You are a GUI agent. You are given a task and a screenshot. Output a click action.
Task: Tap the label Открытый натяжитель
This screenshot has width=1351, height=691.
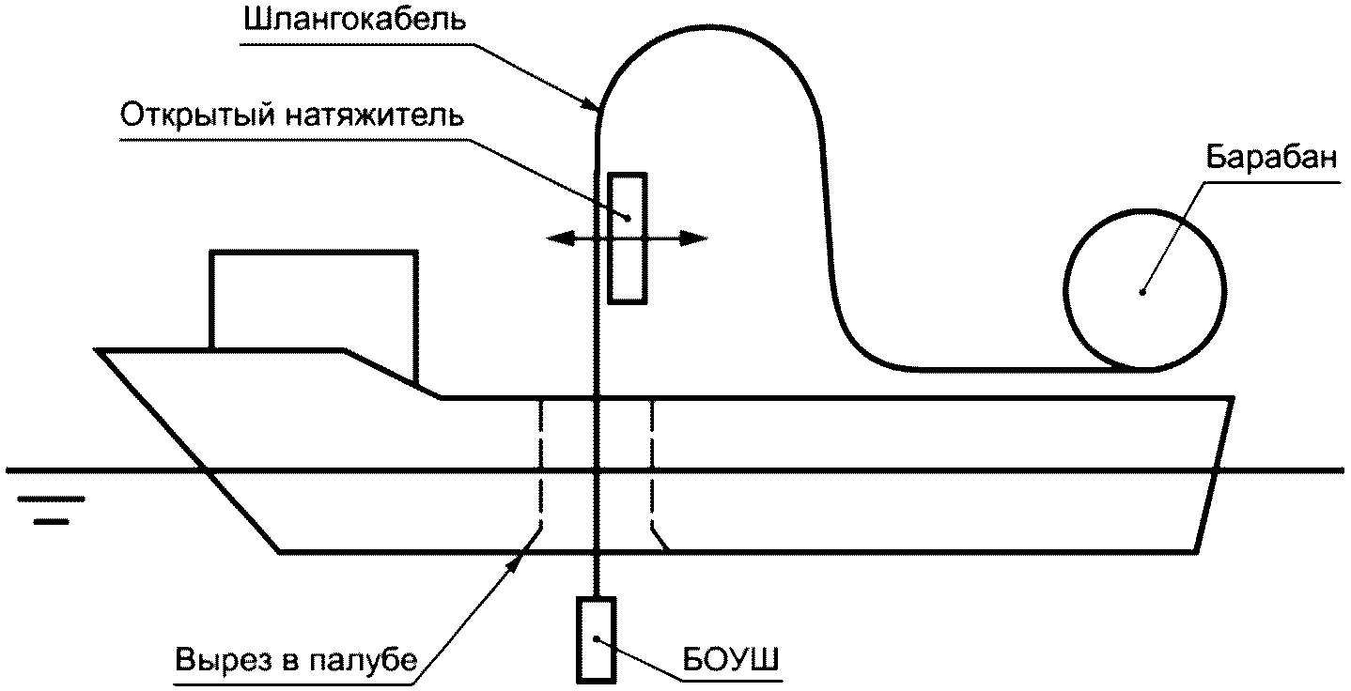(292, 117)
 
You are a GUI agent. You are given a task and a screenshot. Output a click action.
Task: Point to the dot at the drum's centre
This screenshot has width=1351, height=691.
(1142, 291)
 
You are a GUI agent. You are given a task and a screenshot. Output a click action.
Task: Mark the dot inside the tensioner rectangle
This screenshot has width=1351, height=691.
(628, 219)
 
